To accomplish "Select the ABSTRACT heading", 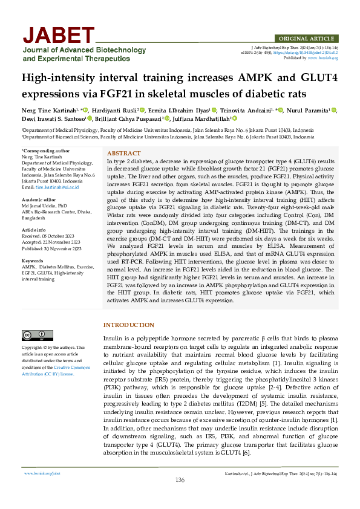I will tap(123, 154).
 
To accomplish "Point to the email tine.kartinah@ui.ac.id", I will tap(57, 187).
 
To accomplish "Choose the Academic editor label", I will tap(40, 199).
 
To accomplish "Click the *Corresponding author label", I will tap(45, 151).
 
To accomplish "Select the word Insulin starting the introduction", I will tap(114, 337).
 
